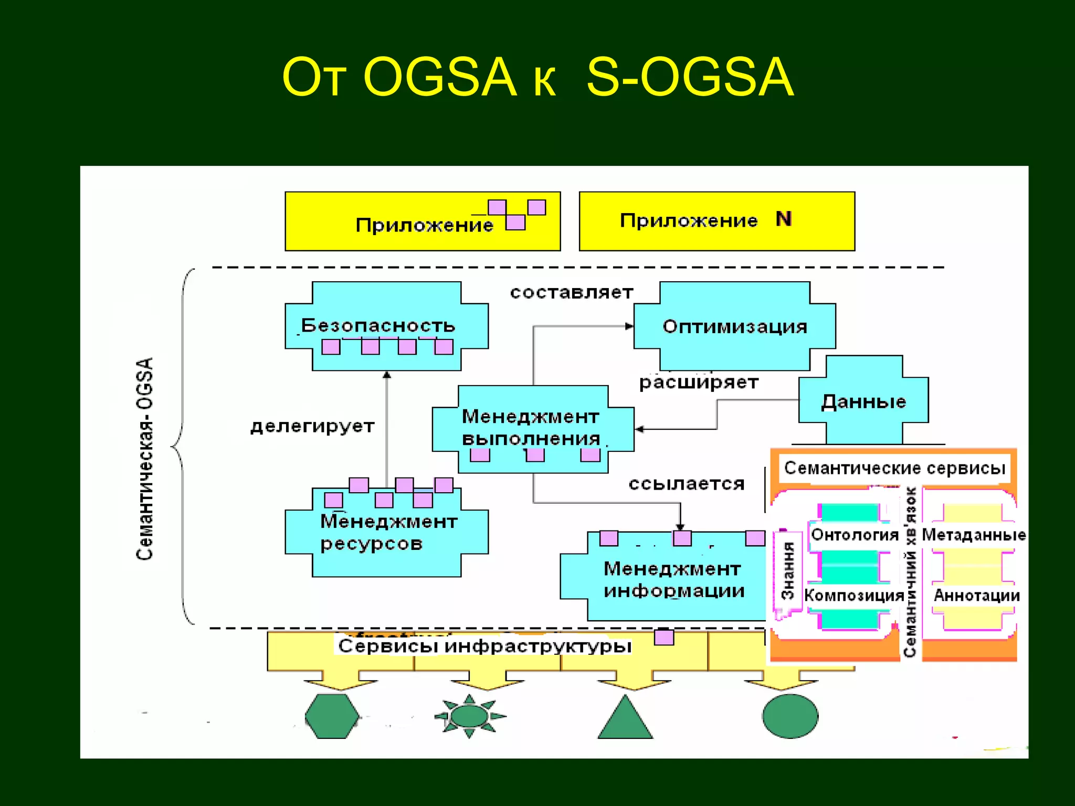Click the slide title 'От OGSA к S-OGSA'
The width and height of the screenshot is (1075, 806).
coord(537,78)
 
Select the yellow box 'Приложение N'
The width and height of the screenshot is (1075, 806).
coord(716,221)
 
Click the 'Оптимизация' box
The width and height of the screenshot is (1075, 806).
coord(734,326)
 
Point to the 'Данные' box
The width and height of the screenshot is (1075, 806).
coord(863,401)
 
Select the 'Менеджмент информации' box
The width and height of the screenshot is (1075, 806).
coord(674,580)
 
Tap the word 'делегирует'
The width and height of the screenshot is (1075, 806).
coord(312,426)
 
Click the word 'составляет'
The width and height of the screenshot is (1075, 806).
coord(572,292)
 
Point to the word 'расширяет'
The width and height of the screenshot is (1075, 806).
coord(699,382)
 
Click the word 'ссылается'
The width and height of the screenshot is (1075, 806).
coord(687,483)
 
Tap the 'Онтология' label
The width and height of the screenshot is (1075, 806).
coord(855,535)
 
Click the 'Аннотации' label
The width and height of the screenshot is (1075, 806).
coord(976,596)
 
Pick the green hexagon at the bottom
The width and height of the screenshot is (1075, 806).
coord(332,716)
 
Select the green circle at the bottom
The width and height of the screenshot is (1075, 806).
coord(790,716)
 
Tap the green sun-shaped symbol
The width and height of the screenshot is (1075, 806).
coord(469,716)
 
